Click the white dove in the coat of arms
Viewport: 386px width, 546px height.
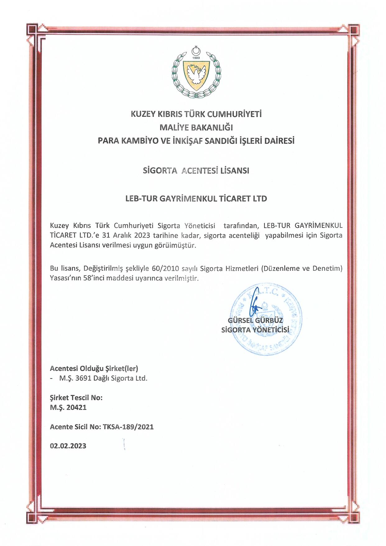[x=196, y=75]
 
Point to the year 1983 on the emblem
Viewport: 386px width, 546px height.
[x=196, y=58]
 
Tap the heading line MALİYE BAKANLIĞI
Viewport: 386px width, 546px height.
[x=196, y=127]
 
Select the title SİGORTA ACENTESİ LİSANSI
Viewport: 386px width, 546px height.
[x=196, y=170]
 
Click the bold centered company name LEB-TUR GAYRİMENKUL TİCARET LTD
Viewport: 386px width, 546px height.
[x=196, y=198]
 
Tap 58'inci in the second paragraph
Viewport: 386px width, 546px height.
[x=93, y=278]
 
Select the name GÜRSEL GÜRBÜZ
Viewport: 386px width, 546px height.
[x=255, y=320]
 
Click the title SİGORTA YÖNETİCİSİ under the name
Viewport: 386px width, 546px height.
[x=255, y=330]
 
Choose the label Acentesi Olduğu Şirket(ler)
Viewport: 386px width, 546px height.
[x=94, y=368]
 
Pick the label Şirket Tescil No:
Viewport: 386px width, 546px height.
[x=76, y=398]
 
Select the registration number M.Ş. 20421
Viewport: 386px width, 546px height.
[x=68, y=407]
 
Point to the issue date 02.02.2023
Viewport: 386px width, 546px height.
[x=68, y=446]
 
